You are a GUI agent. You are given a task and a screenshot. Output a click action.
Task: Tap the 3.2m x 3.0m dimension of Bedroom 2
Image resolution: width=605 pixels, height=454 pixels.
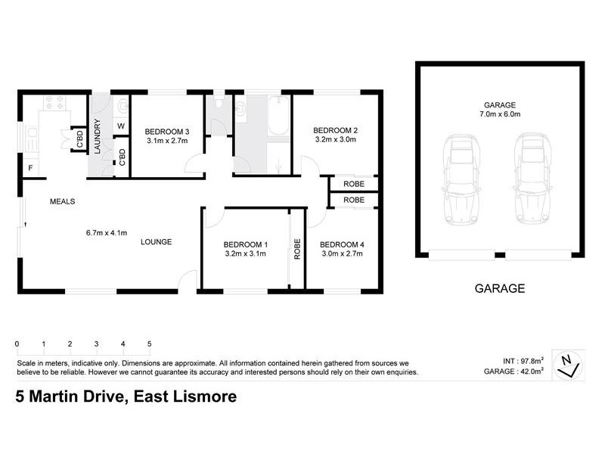click(335, 140)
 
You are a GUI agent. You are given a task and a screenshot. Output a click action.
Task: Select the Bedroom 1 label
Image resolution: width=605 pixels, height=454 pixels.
click(246, 244)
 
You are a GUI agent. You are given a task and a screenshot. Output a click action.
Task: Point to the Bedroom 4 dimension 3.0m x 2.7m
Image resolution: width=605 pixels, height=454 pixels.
click(342, 254)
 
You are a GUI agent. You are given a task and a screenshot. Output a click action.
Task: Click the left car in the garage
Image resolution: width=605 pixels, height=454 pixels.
click(461, 180)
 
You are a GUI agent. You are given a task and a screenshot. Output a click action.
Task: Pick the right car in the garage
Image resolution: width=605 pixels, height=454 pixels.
click(530, 180)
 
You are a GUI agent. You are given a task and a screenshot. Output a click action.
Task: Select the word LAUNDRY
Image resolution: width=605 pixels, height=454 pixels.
click(97, 136)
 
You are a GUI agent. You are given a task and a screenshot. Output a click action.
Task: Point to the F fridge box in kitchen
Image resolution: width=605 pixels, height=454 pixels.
click(31, 167)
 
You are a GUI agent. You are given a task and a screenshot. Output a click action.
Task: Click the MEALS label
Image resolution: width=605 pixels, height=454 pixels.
click(62, 201)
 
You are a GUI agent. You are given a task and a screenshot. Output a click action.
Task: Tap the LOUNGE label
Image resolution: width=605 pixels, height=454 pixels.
click(157, 242)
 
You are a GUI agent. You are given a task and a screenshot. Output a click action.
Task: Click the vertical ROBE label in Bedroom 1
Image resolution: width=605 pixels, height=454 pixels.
click(297, 249)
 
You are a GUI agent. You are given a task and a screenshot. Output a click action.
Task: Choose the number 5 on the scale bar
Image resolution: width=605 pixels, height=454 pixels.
click(150, 344)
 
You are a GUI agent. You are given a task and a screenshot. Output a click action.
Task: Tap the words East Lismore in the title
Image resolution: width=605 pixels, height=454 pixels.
click(182, 396)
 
